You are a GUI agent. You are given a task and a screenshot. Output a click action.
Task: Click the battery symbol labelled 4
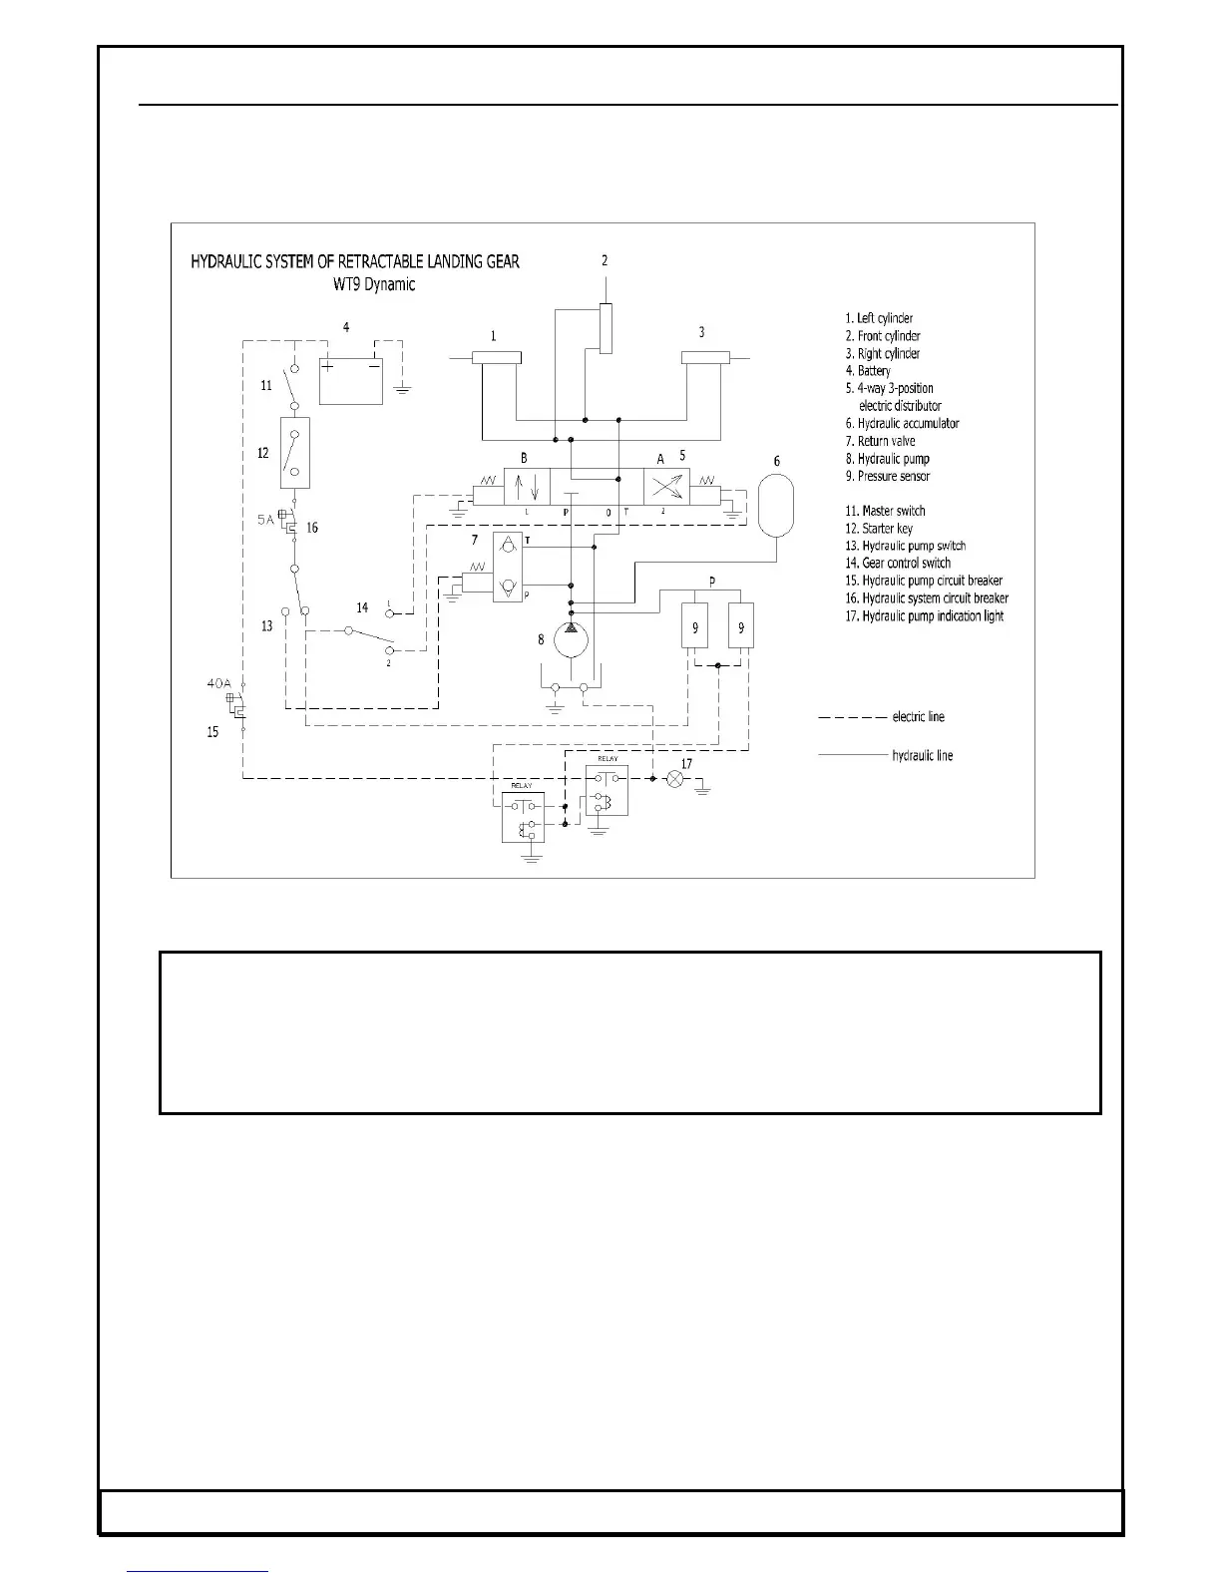(350, 380)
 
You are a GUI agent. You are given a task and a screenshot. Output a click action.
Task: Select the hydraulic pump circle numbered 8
(570, 639)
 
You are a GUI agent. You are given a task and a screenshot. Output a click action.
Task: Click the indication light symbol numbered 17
(675, 778)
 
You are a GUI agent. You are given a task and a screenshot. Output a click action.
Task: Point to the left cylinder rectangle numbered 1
(496, 358)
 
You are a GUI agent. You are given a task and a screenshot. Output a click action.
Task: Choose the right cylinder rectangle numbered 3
(705, 358)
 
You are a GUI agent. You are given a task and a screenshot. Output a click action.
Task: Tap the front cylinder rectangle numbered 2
(606, 328)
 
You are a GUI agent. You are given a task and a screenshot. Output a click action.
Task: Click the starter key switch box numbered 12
(295, 453)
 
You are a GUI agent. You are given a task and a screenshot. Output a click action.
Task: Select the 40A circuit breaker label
(218, 684)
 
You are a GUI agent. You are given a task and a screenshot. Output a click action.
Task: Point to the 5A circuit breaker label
(262, 519)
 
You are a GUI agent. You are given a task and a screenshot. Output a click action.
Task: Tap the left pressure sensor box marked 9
(695, 627)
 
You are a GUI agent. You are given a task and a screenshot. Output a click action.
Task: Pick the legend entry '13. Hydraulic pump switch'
(905, 546)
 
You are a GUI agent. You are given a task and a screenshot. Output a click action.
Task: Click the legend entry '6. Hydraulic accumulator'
(902, 423)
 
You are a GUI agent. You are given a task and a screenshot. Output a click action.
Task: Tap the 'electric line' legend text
(918, 717)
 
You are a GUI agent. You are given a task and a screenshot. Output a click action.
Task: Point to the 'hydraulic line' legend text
(922, 756)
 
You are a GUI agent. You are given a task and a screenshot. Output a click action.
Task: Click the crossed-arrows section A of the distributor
(666, 486)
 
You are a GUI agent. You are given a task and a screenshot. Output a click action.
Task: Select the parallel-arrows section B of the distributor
(526, 487)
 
